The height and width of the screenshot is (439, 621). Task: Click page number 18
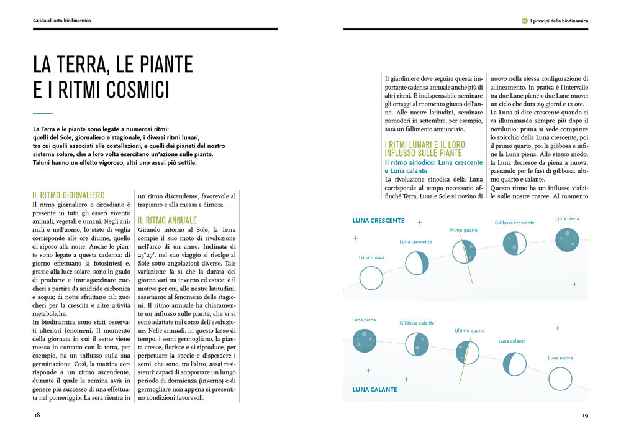tap(37, 414)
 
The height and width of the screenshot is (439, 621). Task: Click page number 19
tap(585, 415)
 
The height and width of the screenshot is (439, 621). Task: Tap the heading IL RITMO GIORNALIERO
tap(68, 195)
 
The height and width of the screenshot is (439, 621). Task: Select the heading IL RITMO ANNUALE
tap(167, 220)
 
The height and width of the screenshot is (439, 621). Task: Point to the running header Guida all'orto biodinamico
tap(62, 21)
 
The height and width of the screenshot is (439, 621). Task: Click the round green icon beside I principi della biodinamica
tap(525, 21)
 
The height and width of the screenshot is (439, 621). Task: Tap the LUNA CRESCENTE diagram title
tap(378, 221)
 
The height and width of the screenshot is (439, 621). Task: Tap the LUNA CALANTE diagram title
tap(374, 389)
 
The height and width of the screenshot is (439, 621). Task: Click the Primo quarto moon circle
tap(463, 251)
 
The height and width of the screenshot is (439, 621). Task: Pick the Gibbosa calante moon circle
tap(416, 344)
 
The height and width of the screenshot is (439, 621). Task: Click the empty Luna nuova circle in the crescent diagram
tap(371, 275)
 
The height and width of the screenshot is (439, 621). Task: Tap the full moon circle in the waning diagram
tap(364, 340)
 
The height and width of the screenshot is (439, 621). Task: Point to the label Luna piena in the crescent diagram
tap(567, 218)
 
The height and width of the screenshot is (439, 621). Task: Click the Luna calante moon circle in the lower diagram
tap(514, 364)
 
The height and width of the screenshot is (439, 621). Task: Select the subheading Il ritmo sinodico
tap(410, 162)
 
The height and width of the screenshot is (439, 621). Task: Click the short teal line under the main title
tap(43, 113)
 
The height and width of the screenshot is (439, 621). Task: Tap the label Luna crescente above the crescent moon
tap(415, 241)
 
